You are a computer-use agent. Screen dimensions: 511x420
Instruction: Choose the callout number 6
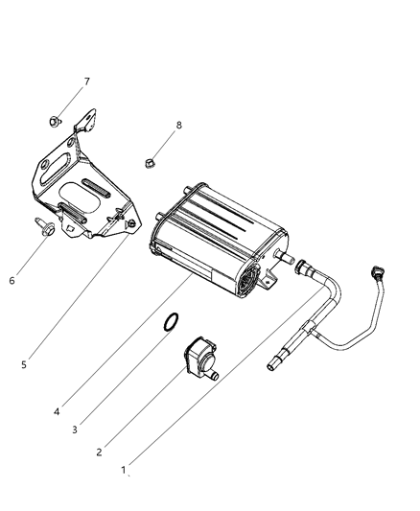click(x=12, y=281)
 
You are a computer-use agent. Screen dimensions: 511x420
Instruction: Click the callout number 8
click(x=177, y=125)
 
